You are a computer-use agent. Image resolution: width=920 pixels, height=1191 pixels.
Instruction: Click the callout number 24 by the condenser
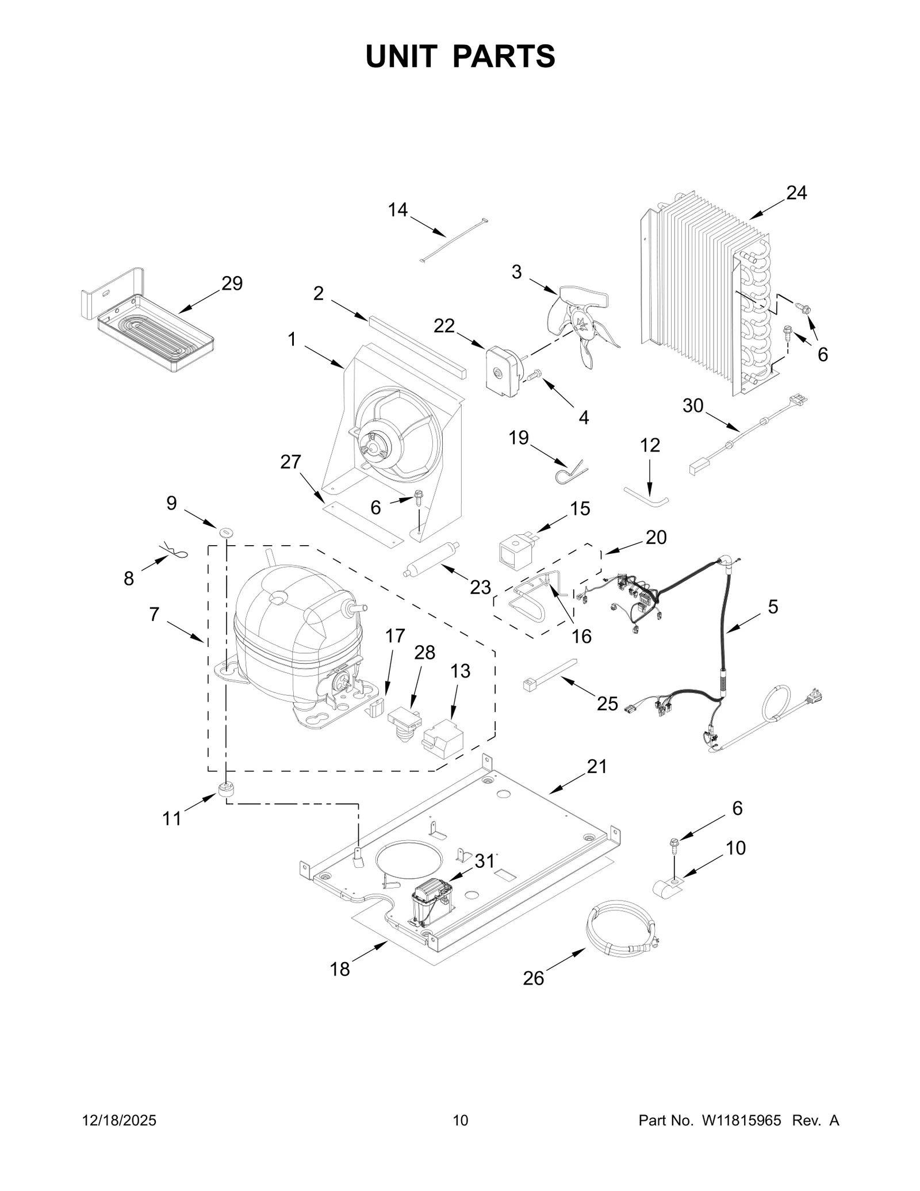[796, 193]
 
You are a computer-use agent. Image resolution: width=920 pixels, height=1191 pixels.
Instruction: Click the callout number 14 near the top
[397, 210]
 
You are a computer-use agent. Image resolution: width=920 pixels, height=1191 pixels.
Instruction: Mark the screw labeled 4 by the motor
[534, 375]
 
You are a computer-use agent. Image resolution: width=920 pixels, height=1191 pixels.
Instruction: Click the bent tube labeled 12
[646, 496]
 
